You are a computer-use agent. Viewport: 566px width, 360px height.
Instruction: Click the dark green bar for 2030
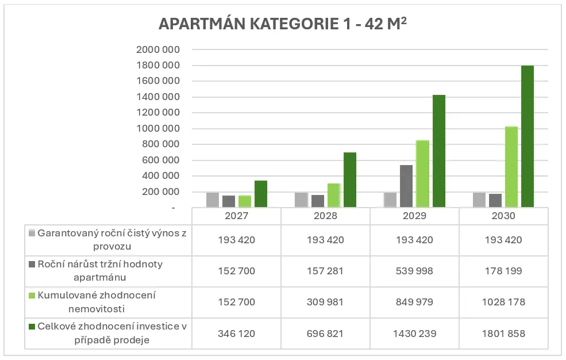pos(528,137)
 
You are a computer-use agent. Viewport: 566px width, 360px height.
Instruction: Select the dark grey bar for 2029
pos(406,186)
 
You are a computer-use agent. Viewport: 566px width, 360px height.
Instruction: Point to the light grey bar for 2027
pos(213,200)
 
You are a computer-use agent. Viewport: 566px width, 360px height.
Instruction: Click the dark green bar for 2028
pos(350,180)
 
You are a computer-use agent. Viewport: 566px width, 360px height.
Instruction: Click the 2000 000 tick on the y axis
pos(158,50)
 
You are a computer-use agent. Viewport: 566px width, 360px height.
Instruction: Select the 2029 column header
pos(414,216)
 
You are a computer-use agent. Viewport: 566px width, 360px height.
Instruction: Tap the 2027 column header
pos(236,216)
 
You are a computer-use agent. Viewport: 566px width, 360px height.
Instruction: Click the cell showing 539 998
pos(414,270)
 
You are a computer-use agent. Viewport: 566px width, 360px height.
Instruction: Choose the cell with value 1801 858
pos(503,334)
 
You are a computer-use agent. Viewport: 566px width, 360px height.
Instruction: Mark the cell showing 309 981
pos(325,302)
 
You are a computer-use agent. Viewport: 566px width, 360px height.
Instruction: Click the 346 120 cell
pos(236,334)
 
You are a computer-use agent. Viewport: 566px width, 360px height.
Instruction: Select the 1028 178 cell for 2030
pos(503,302)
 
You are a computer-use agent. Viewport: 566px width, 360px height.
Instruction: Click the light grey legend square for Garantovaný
pos(32,233)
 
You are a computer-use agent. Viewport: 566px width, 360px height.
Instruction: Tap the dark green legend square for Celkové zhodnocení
pos(32,327)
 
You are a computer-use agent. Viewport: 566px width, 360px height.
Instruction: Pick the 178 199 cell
pos(503,270)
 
